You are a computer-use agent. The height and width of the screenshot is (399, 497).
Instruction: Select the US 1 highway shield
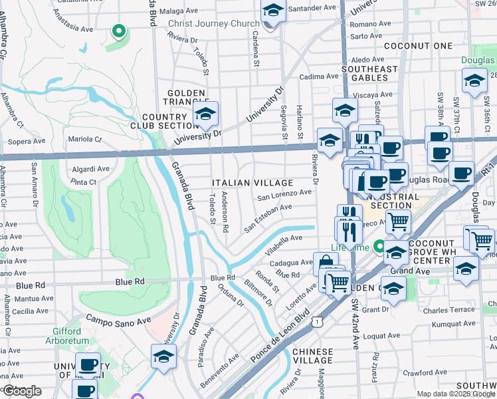[320, 322]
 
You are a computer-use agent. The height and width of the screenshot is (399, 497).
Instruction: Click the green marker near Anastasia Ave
[118, 31]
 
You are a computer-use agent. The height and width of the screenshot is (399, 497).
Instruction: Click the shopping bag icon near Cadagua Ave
[324, 263]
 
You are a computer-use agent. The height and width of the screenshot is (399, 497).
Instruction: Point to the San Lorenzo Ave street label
[284, 194]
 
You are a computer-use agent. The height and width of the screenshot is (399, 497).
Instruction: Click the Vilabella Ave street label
[284, 240]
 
